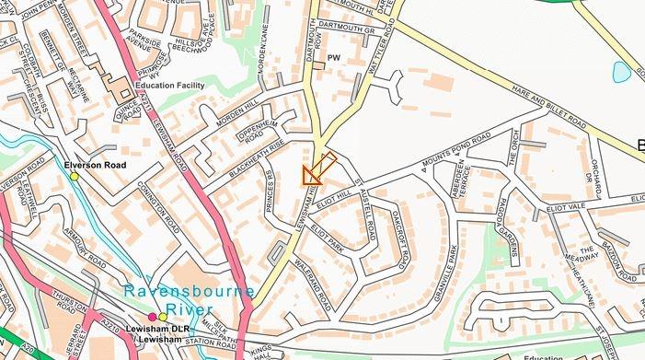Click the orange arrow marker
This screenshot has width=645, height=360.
click(x=315, y=170)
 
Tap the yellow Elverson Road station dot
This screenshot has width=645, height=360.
click(x=75, y=176)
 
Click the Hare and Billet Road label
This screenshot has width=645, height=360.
click(x=549, y=117)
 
